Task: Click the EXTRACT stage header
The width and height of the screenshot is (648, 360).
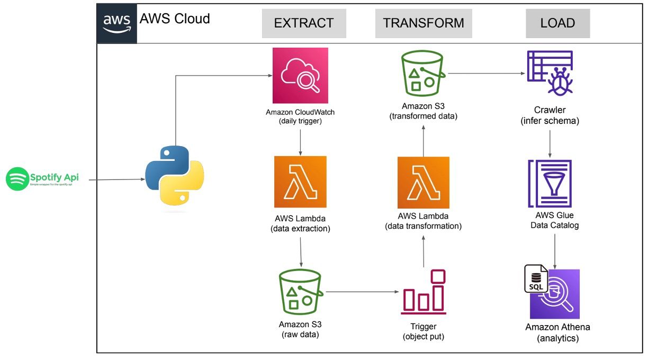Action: point(304,23)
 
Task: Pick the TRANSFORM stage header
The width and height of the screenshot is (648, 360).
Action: point(424,23)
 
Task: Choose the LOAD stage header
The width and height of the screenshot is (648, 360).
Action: point(557,23)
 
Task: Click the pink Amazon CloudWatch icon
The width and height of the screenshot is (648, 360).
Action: point(300,76)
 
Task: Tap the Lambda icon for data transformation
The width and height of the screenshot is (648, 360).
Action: point(424,183)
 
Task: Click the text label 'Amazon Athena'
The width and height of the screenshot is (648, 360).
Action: point(557,327)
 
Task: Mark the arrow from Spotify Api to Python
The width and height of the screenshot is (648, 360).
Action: point(116,179)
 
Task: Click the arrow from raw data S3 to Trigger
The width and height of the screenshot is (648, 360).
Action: point(363,292)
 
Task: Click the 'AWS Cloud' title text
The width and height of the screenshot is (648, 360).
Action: point(175,19)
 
